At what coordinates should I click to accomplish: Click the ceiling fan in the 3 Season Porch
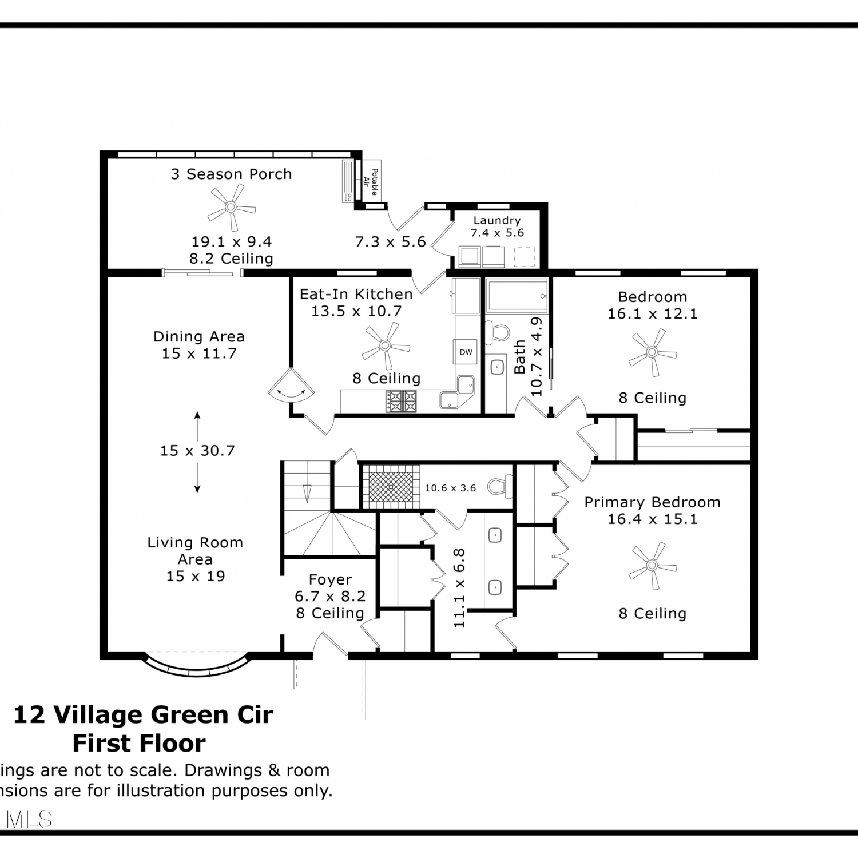[231, 207]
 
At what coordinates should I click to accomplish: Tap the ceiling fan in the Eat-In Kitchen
[385, 345]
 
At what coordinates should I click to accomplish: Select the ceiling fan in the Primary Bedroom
[652, 566]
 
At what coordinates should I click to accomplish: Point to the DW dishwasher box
[466, 352]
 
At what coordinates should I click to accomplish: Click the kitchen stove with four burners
[402, 401]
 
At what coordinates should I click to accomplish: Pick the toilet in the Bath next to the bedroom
[498, 332]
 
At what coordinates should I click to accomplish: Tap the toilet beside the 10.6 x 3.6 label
[500, 487]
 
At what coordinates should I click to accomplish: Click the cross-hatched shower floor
[391, 486]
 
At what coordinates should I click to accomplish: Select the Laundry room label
[497, 220]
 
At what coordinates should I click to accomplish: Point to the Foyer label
[330, 579]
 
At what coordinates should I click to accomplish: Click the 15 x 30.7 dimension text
[197, 451]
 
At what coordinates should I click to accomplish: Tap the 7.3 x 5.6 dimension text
[391, 242]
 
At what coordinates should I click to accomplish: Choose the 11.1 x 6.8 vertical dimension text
[459, 588]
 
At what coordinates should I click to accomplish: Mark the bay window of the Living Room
[197, 665]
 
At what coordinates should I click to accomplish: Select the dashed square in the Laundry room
[525, 257]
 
